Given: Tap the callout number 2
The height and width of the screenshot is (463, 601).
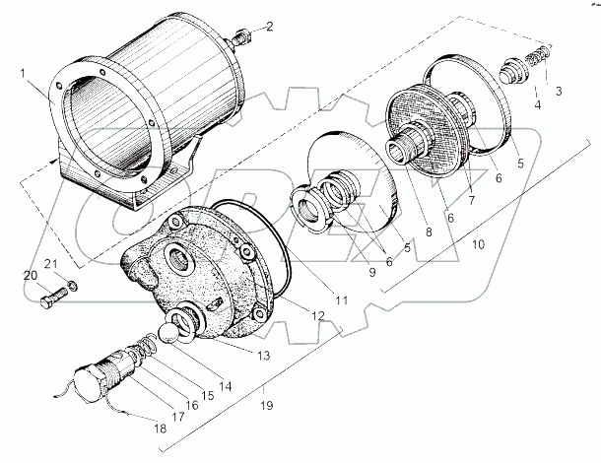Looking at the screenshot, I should pos(271,25).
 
